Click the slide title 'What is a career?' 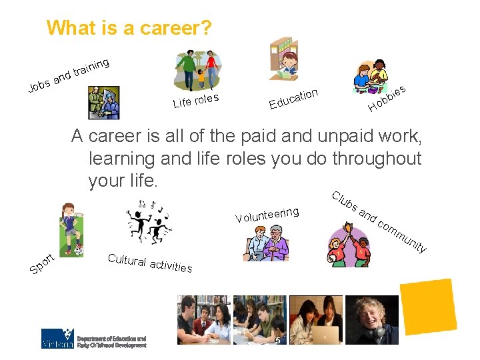pos(129,28)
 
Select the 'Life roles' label pos(196,100)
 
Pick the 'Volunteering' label pos(267,215)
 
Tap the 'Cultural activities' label pos(150,263)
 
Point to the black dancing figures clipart pos(148,221)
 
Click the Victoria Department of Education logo pos(93,338)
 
